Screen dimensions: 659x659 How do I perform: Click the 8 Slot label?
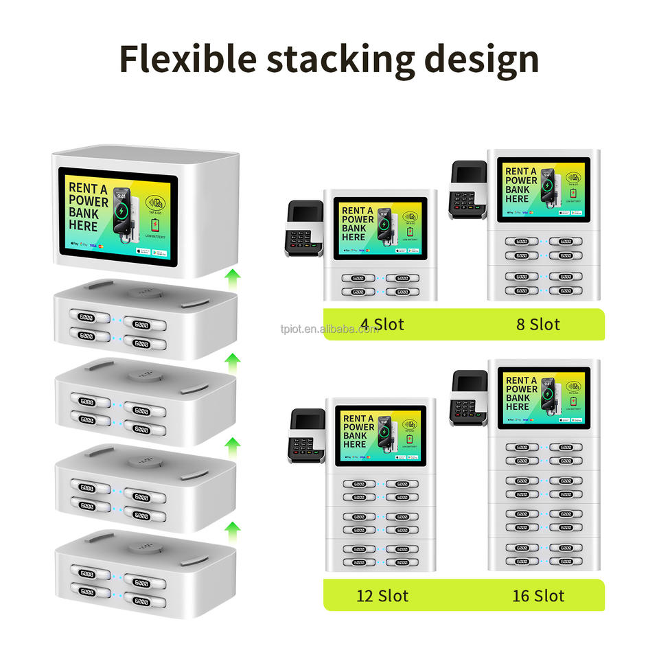(x=538, y=324)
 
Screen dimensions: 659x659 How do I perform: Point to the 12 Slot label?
(x=382, y=594)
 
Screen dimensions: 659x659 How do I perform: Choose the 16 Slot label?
(x=538, y=594)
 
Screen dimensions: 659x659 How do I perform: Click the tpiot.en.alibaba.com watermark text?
(x=329, y=329)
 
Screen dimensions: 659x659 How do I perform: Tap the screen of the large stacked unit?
(x=117, y=213)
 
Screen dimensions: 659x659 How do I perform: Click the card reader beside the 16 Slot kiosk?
(x=467, y=399)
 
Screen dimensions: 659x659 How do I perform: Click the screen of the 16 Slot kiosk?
(x=544, y=398)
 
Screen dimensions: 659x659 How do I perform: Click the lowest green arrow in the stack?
(x=234, y=529)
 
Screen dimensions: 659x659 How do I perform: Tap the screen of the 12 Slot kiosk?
(x=380, y=437)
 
